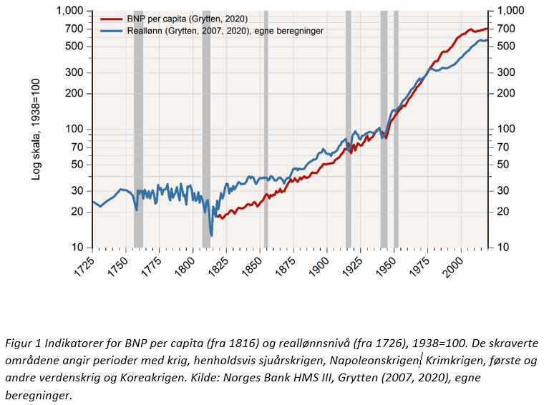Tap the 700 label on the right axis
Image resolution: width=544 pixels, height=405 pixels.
(x=507, y=29)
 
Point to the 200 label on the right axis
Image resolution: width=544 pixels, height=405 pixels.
(x=507, y=94)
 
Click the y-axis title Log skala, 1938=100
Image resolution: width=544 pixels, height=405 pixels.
(x=37, y=129)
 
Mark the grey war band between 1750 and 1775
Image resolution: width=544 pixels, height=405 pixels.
(x=138, y=129)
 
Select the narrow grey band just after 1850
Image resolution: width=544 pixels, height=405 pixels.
(x=266, y=129)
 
